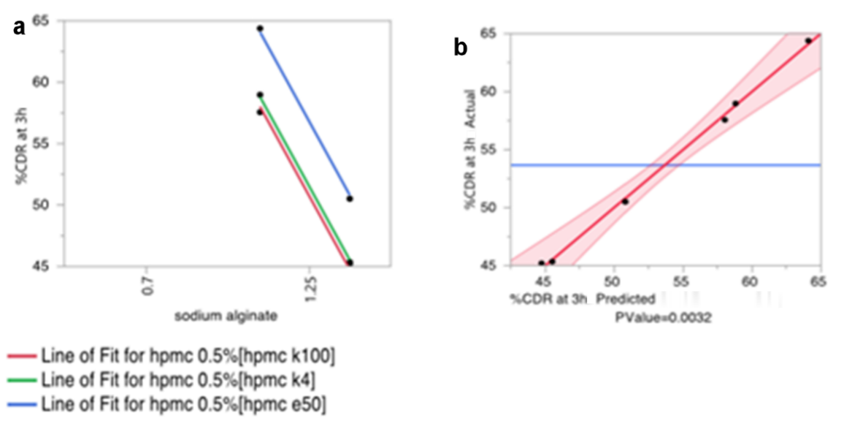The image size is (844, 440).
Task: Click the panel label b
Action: coord(461,48)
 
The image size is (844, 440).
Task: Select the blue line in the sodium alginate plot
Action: coord(304,113)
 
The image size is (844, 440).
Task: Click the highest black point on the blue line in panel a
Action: coord(259,29)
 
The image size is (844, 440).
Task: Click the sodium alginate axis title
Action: coord(226,316)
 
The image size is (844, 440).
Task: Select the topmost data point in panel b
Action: coord(807,41)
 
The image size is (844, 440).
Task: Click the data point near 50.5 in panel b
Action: coord(625,201)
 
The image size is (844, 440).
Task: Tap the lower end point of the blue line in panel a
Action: coord(349,199)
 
